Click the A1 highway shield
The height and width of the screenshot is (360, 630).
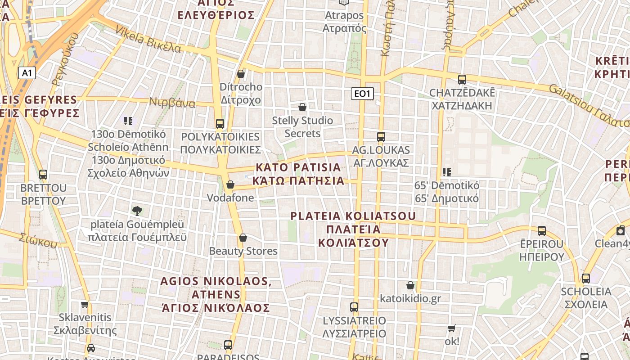(27, 73)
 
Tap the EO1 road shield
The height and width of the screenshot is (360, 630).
(362, 94)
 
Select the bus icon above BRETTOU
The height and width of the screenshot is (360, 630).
(43, 175)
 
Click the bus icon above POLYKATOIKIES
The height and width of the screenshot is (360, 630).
(220, 123)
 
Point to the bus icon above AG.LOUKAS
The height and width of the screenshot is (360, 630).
(381, 137)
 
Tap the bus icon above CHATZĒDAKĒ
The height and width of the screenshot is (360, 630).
(462, 80)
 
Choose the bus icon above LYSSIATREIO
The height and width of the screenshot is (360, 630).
(354, 307)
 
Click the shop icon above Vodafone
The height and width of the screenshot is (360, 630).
(230, 184)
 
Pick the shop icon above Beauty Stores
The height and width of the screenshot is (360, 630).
(243, 238)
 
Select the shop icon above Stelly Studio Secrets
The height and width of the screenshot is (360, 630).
(302, 107)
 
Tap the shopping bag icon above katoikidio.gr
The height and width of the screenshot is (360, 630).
(410, 285)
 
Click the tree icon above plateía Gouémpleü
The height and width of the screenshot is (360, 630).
(137, 210)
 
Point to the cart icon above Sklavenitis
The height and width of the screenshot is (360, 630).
(85, 304)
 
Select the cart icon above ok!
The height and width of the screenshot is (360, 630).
(452, 328)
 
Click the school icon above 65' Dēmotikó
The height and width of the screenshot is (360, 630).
(446, 172)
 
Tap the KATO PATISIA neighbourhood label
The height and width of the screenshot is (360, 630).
(299, 174)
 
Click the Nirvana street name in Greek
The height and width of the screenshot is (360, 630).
(173, 103)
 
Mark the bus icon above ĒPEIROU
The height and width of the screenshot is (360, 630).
(542, 231)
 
